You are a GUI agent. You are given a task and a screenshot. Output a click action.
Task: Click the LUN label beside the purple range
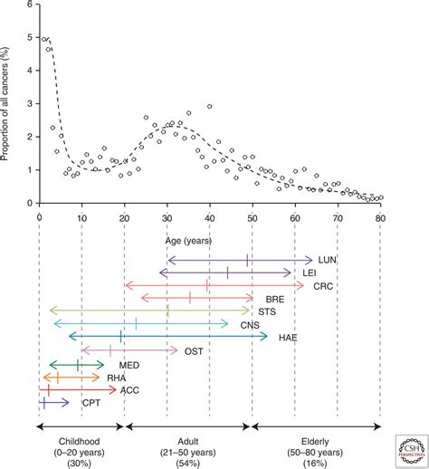(329, 260)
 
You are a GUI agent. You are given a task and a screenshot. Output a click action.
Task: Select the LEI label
(309, 273)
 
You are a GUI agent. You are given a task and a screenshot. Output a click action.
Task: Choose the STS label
(269, 311)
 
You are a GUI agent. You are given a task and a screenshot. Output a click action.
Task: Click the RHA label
(116, 379)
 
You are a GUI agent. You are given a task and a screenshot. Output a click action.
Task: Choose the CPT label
(91, 404)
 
